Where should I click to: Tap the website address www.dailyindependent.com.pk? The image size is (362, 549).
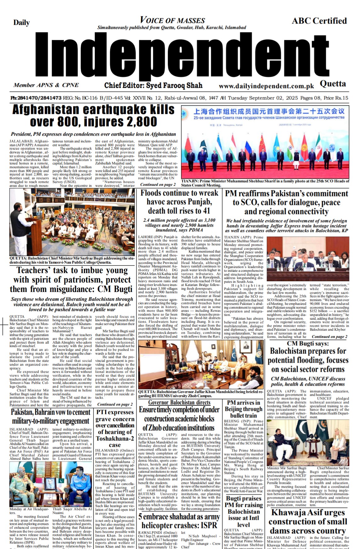(266, 86)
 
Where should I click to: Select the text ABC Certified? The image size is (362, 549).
(319, 21)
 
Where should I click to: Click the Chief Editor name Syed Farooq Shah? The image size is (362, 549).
(153, 85)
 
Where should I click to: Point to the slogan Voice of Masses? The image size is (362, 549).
(172, 20)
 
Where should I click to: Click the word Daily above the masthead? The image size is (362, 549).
(21, 22)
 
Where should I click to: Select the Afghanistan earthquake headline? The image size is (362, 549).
(93, 115)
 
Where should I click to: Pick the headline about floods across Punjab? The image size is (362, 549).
(179, 202)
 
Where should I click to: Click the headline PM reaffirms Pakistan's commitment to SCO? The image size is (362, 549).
(286, 202)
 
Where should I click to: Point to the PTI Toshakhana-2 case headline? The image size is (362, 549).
(115, 429)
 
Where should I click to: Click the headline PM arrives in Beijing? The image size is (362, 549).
(244, 409)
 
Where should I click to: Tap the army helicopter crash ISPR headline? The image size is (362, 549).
(179, 521)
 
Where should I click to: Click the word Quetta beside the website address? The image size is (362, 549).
(333, 84)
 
